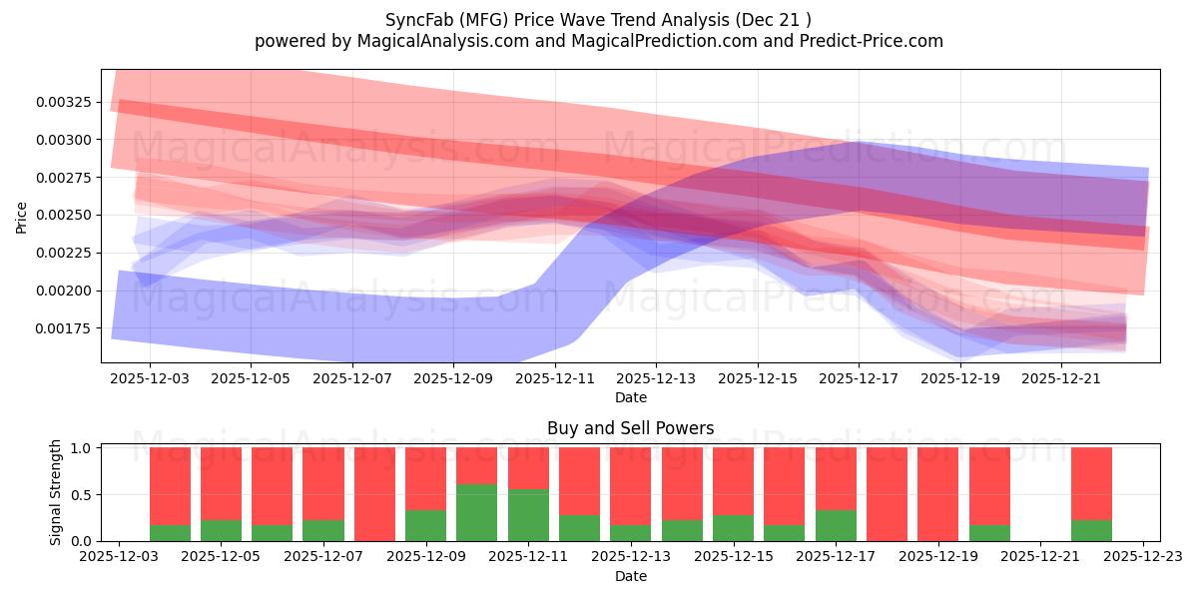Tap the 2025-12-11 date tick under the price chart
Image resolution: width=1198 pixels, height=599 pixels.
pos(554,379)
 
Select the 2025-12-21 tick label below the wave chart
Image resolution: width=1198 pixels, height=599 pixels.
pos(1062,379)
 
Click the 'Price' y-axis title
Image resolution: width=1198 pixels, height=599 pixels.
pos(22,216)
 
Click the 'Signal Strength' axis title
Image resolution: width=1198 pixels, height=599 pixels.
pos(56,492)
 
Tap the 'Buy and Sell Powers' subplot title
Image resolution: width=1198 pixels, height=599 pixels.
pos(630,428)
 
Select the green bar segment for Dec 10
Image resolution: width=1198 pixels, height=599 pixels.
pos(477,512)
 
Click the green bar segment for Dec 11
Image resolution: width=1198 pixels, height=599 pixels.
pos(528,515)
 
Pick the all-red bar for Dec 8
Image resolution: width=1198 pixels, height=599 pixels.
pos(374,494)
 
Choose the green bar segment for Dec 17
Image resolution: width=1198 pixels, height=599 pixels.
pos(836,525)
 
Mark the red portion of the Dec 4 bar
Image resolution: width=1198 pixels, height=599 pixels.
pos(170,485)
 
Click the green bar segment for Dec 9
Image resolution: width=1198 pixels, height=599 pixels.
pos(425,525)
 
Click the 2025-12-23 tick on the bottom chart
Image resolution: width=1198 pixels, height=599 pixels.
pos(1143,557)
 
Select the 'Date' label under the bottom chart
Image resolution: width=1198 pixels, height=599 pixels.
pos(630,576)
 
